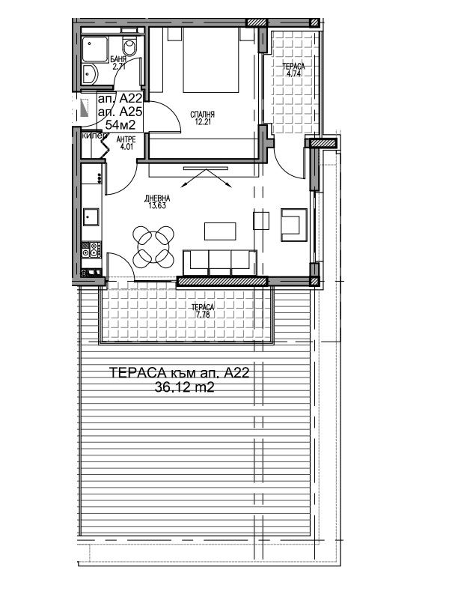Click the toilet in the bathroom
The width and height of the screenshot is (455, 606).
(129, 46)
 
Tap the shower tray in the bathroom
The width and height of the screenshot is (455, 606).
(94, 49)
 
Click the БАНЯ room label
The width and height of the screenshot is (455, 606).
(118, 59)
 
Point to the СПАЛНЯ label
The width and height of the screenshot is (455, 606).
(202, 115)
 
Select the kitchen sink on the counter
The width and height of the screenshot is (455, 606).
(91, 216)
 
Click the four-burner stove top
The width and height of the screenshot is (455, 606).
(91, 249)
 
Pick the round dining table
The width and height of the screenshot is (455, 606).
(153, 246)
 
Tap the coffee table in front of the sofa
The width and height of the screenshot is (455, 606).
(220, 231)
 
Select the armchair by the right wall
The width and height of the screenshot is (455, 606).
(294, 225)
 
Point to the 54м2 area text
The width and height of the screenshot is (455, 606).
(120, 125)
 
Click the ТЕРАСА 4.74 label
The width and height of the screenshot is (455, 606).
(293, 70)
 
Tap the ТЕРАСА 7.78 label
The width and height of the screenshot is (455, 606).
(203, 311)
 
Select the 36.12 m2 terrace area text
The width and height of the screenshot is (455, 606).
(184, 387)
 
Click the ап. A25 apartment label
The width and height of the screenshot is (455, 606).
(120, 112)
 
